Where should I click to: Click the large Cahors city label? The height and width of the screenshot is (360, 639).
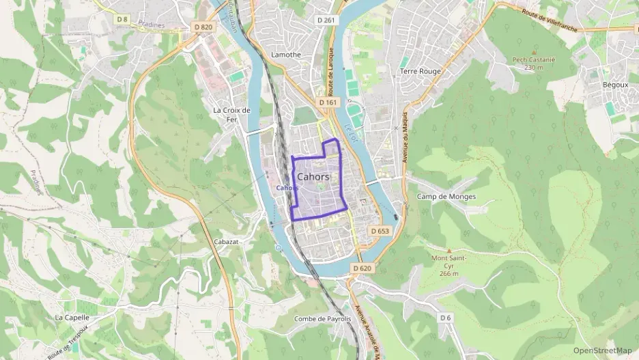[313, 176]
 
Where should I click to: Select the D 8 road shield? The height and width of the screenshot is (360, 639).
[122, 19]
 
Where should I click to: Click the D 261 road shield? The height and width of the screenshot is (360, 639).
[327, 20]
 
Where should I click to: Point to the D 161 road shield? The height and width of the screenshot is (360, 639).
[328, 102]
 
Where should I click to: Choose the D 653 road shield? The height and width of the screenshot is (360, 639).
[380, 231]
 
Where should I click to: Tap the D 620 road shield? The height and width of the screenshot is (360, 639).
[362, 268]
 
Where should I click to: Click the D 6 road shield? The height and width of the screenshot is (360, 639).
[445, 318]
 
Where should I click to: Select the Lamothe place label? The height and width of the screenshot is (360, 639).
[286, 55]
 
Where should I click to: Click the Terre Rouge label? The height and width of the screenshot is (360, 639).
[420, 71]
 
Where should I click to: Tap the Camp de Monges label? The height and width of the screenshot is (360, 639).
[446, 197]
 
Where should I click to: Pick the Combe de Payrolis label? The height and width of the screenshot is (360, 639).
[322, 318]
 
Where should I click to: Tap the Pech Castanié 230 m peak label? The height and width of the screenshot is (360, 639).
[534, 63]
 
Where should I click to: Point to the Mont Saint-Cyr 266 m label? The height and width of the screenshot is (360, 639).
[449, 266]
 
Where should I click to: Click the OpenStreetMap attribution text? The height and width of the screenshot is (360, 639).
[602, 350]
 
